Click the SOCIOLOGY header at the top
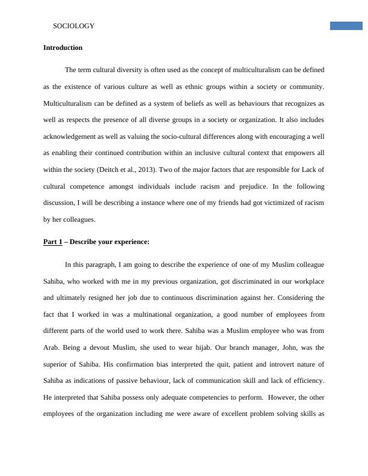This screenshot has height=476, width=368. (x=74, y=26)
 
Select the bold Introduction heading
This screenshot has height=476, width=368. (x=63, y=47)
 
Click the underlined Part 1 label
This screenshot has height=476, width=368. (x=52, y=242)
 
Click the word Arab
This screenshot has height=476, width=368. (x=52, y=347)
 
